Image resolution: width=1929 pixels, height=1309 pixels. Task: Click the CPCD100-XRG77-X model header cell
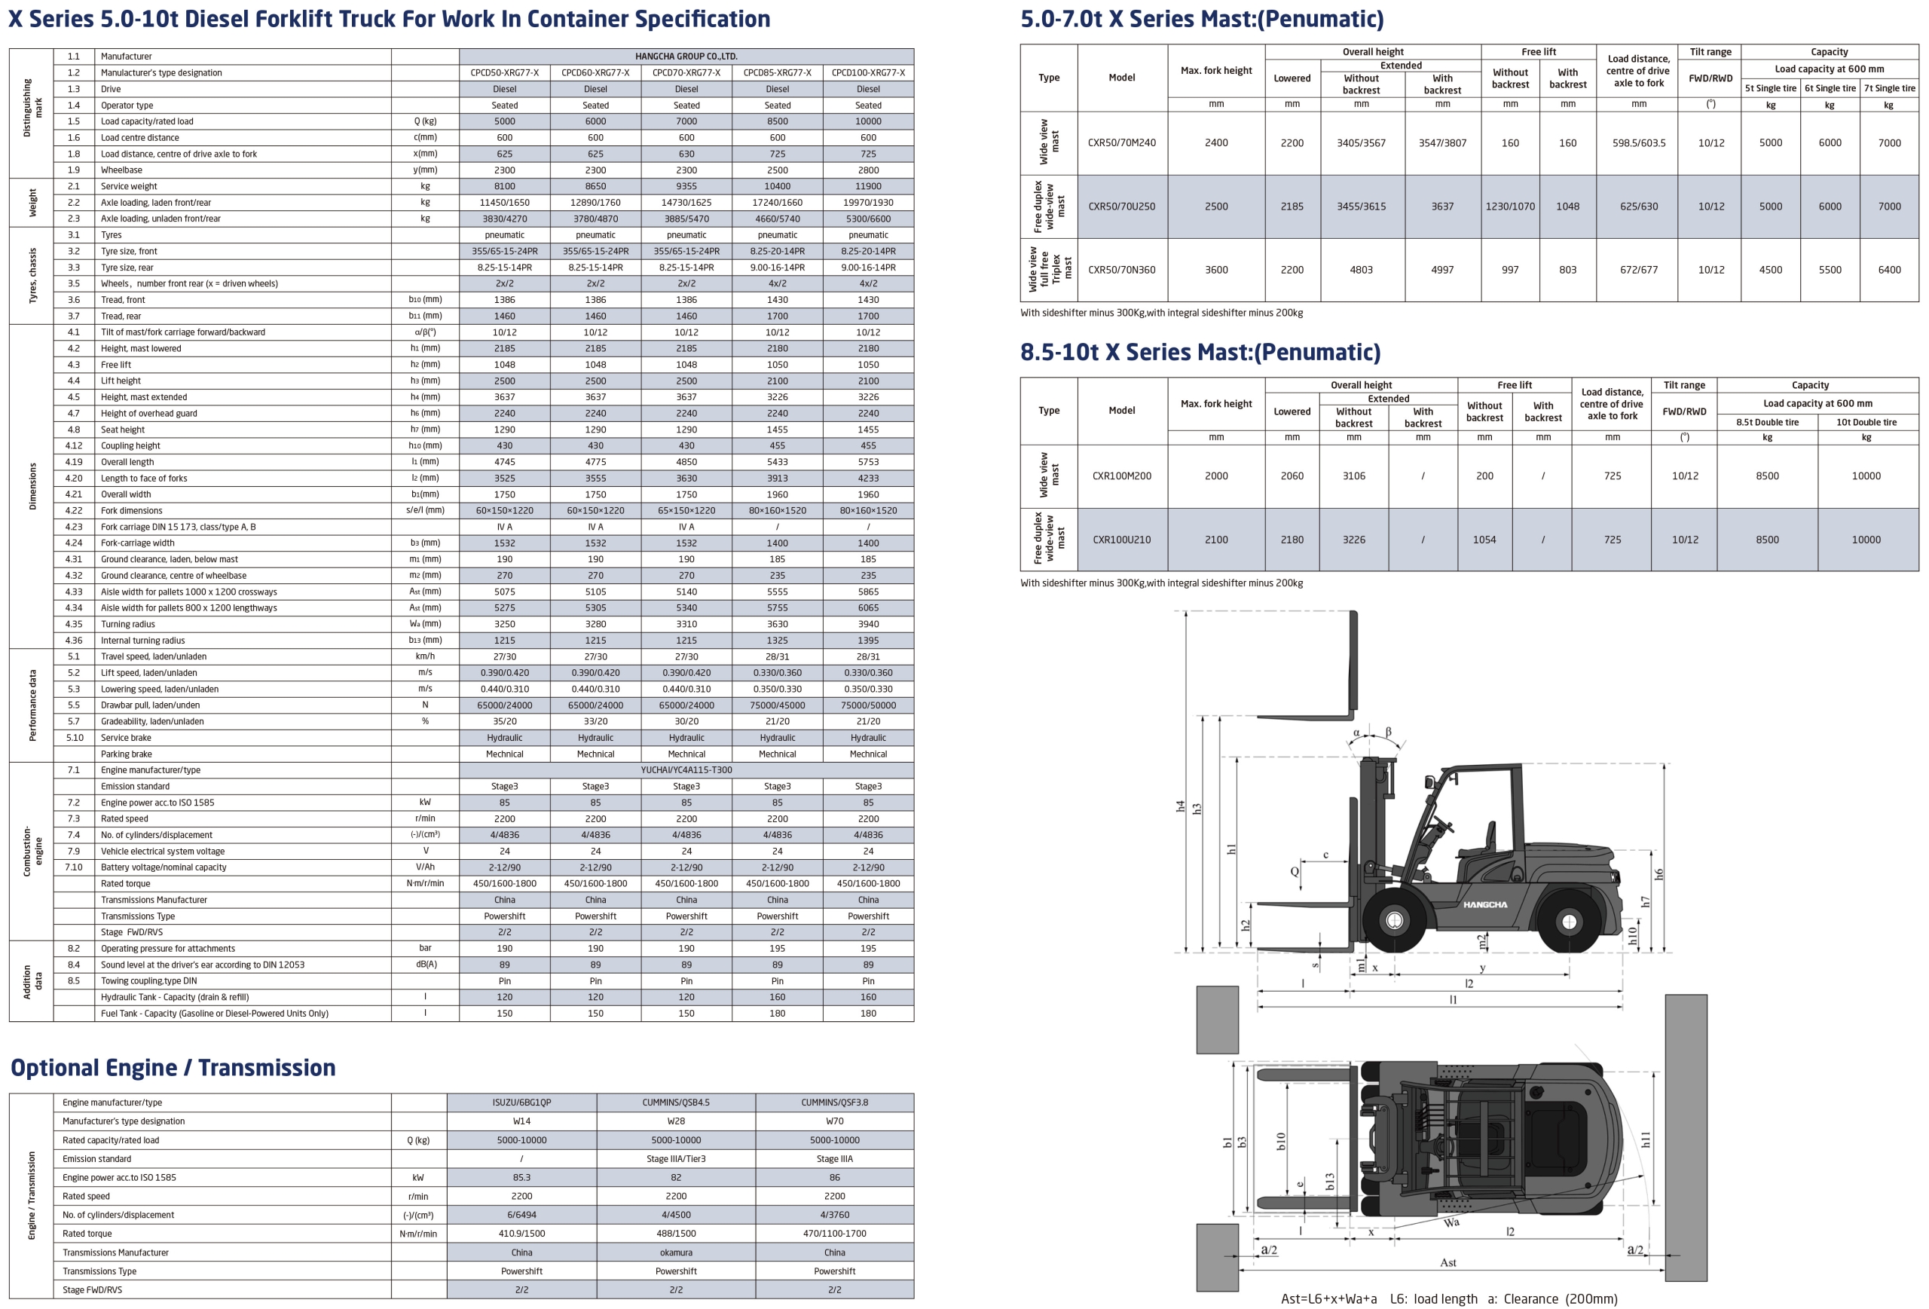click(867, 72)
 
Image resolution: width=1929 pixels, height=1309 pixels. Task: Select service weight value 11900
click(867, 186)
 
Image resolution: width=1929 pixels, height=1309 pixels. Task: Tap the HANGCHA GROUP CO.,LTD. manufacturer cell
click(686, 57)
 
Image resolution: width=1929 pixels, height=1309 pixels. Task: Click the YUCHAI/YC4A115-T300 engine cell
click(686, 769)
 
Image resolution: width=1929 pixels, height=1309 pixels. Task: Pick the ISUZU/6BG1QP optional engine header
click(521, 1103)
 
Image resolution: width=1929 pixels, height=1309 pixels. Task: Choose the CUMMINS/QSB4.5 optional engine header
click(676, 1103)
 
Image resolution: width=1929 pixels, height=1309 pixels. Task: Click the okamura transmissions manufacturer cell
click(676, 1252)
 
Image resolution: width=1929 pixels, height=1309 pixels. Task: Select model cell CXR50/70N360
click(1121, 270)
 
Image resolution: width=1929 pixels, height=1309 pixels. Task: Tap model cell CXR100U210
click(1121, 540)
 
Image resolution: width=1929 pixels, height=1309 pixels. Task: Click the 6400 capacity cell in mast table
click(1889, 270)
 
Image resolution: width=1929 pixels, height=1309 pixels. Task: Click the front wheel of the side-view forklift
click(1395, 919)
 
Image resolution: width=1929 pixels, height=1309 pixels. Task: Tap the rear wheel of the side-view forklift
click(1569, 922)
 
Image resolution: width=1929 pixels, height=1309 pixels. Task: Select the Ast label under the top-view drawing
click(1448, 1262)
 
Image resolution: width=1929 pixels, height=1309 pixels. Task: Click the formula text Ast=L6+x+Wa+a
click(1328, 1298)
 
